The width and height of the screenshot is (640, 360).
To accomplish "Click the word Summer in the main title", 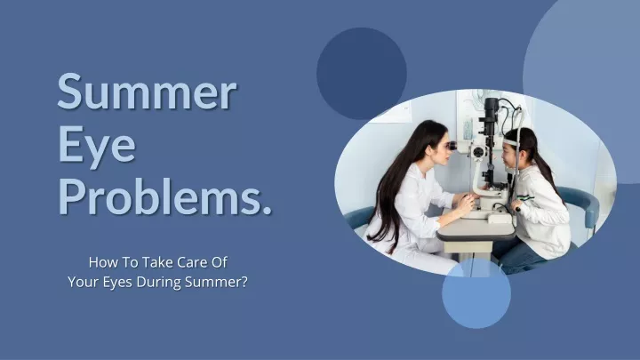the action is coord(147,92).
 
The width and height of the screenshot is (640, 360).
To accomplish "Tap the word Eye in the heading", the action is coord(97,147).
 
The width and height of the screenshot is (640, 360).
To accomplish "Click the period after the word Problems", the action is coord(266,209).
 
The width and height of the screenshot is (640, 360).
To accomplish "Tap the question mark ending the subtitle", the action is coord(244,282).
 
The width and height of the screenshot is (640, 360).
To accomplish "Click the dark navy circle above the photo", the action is coord(362,74).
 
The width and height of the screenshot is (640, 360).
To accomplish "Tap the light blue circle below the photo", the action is coord(476,293).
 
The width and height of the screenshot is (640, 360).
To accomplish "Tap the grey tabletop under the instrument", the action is coord(476,229).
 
